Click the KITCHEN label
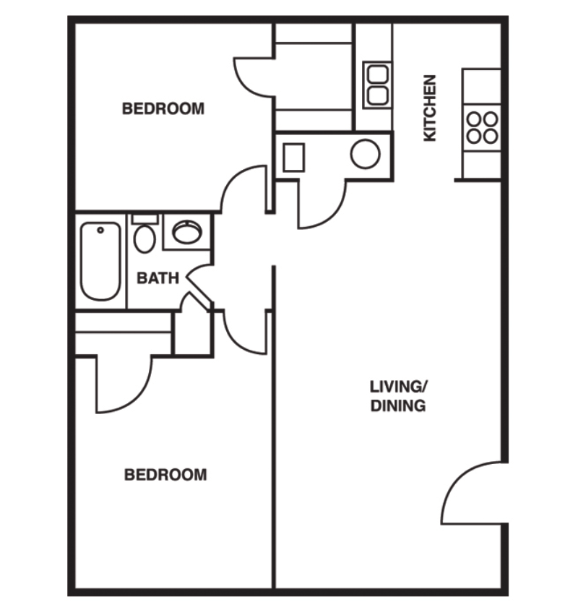tap(430, 108)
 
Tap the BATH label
tap(158, 278)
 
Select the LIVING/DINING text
tap(398, 395)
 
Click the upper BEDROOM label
tap(163, 109)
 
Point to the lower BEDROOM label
tap(165, 475)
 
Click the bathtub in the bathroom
tap(100, 262)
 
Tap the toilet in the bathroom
tap(144, 238)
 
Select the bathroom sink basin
tap(186, 232)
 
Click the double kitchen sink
tap(376, 85)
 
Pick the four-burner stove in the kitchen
tap(482, 127)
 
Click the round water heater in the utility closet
tap(366, 154)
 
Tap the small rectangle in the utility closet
tap(293, 157)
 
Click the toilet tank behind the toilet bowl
tap(144, 219)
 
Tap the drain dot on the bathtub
tap(100, 230)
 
